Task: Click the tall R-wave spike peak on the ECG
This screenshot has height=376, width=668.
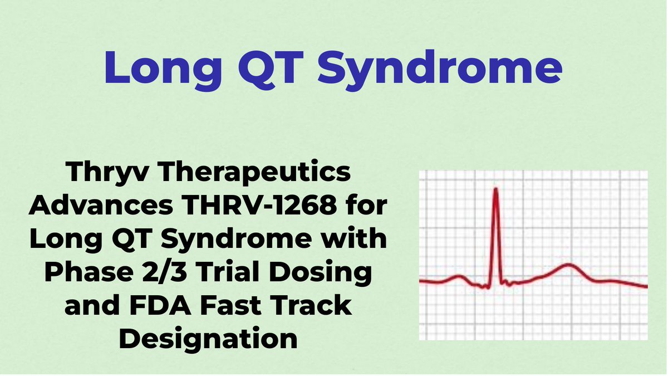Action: click(x=495, y=191)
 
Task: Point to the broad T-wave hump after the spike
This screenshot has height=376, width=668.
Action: click(x=567, y=266)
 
